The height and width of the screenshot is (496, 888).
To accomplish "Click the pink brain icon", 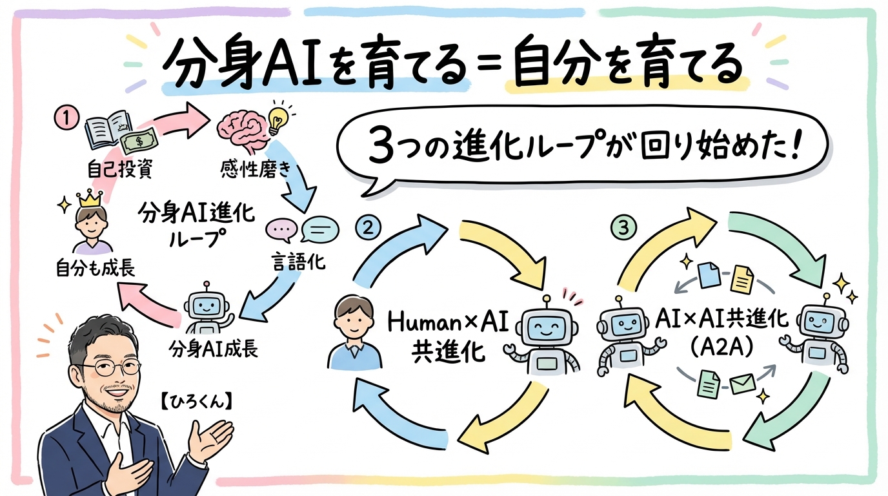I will pos(240,128).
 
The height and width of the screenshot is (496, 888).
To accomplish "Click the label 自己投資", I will pos(116,170).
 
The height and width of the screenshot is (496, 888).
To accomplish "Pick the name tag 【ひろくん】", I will pos(196,400).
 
